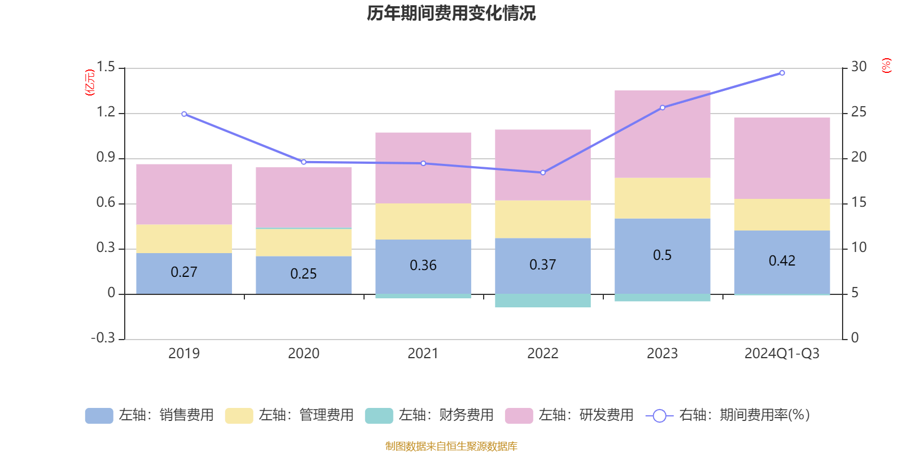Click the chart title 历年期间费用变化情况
point(451,13)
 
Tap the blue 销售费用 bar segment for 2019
point(184,282)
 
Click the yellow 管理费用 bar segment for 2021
point(423,221)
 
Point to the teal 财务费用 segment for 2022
point(542,301)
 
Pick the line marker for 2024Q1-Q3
point(782,73)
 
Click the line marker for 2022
point(543,172)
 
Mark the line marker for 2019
point(184,114)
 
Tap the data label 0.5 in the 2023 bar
point(662,255)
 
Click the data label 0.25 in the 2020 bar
point(303,274)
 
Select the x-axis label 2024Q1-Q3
point(782,354)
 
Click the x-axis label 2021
point(423,354)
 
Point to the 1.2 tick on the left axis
point(106,112)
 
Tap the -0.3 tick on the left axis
point(103,338)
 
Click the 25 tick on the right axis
point(858,112)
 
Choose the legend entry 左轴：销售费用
point(150,415)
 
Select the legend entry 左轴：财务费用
point(429,415)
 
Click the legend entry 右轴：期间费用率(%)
point(728,415)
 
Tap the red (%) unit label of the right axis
point(886,66)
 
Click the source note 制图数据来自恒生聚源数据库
point(451,446)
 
